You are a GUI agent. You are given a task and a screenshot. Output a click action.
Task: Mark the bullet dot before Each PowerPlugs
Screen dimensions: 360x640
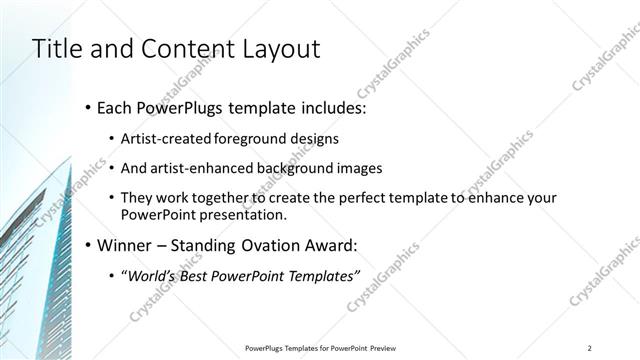click(x=88, y=106)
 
